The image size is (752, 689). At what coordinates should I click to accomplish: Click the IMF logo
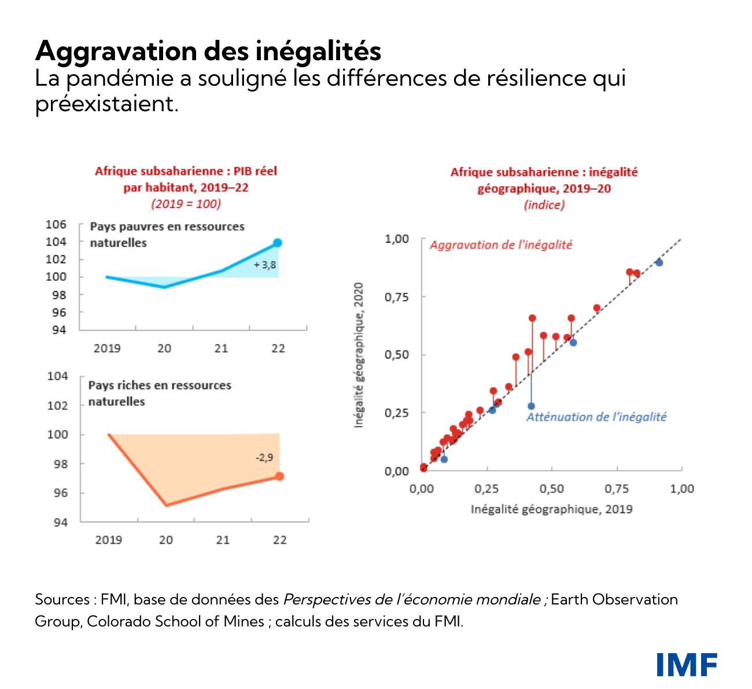pyautogui.click(x=687, y=664)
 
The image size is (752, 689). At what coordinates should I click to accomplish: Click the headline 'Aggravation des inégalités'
pyautogui.click(x=208, y=51)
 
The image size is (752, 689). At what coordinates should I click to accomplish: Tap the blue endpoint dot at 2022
pyautogui.click(x=278, y=243)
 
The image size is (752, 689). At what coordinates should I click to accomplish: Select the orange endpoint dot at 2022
pyautogui.click(x=279, y=476)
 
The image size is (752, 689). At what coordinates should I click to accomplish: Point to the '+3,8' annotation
pyautogui.click(x=265, y=265)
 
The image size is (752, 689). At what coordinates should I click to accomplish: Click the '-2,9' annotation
pyautogui.click(x=264, y=457)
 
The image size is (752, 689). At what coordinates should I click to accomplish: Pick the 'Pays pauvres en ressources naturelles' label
pyautogui.click(x=167, y=234)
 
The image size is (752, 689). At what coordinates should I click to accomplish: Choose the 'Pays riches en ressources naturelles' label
pyautogui.click(x=160, y=393)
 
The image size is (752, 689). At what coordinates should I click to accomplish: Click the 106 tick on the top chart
pyautogui.click(x=56, y=225)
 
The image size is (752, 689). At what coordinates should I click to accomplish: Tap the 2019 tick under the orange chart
pyautogui.click(x=109, y=540)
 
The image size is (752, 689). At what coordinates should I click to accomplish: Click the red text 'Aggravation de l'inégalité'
pyautogui.click(x=501, y=245)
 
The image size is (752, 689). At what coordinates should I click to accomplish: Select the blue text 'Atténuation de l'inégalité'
pyautogui.click(x=596, y=417)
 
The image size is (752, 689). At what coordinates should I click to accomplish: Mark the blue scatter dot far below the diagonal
pyautogui.click(x=531, y=406)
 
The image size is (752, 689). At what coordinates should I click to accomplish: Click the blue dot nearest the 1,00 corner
pyautogui.click(x=659, y=262)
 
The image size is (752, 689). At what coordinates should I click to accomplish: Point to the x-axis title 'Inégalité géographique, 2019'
pyautogui.click(x=551, y=510)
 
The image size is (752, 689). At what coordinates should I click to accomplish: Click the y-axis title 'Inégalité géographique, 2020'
pyautogui.click(x=359, y=355)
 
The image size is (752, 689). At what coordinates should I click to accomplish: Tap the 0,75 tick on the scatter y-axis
pyautogui.click(x=397, y=297)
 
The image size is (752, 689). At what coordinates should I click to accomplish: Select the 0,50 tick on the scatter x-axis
pyautogui.click(x=552, y=489)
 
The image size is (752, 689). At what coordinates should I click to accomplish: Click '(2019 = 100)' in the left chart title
pyautogui.click(x=186, y=204)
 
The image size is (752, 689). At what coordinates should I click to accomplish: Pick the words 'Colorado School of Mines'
pyautogui.click(x=175, y=622)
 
